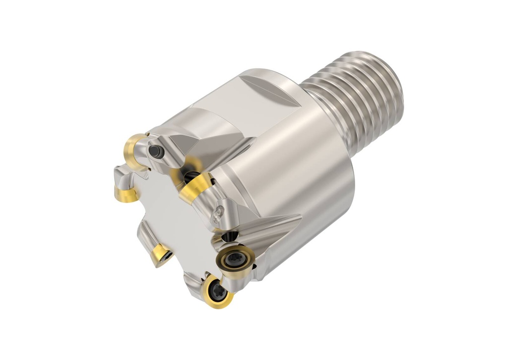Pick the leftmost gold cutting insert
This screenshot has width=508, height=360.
tap(126, 193)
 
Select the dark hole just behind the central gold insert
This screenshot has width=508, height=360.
tap(191, 175)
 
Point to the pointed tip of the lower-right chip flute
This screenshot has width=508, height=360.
tap(301, 217)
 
